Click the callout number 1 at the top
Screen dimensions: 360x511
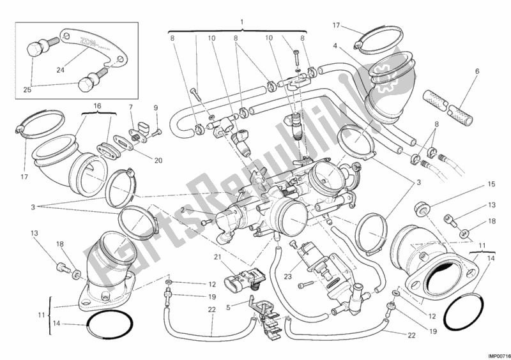tap(242, 22)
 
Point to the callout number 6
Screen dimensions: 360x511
tap(334, 45)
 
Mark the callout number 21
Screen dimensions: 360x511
tap(130, 107)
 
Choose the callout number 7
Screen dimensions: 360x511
tap(130, 107)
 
